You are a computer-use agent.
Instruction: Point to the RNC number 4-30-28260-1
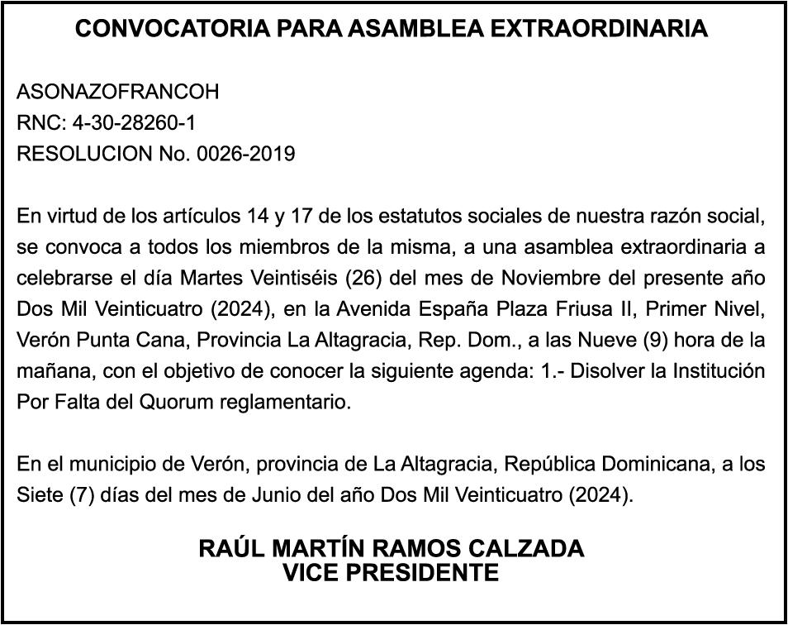135,123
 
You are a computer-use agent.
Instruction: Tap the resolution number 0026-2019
246,154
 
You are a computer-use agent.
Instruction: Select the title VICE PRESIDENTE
392,572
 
